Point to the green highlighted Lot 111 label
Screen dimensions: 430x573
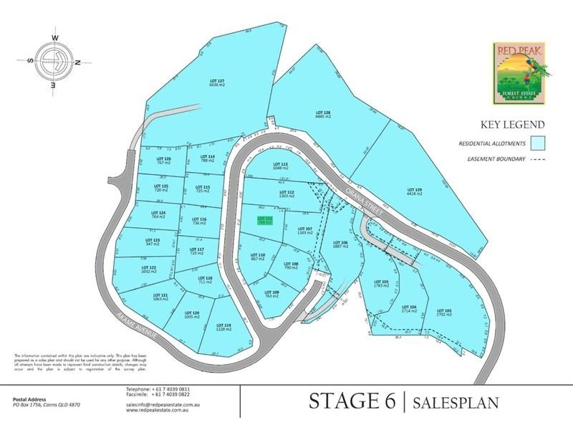click(x=265, y=221)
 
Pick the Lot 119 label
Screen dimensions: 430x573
click(x=223, y=327)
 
